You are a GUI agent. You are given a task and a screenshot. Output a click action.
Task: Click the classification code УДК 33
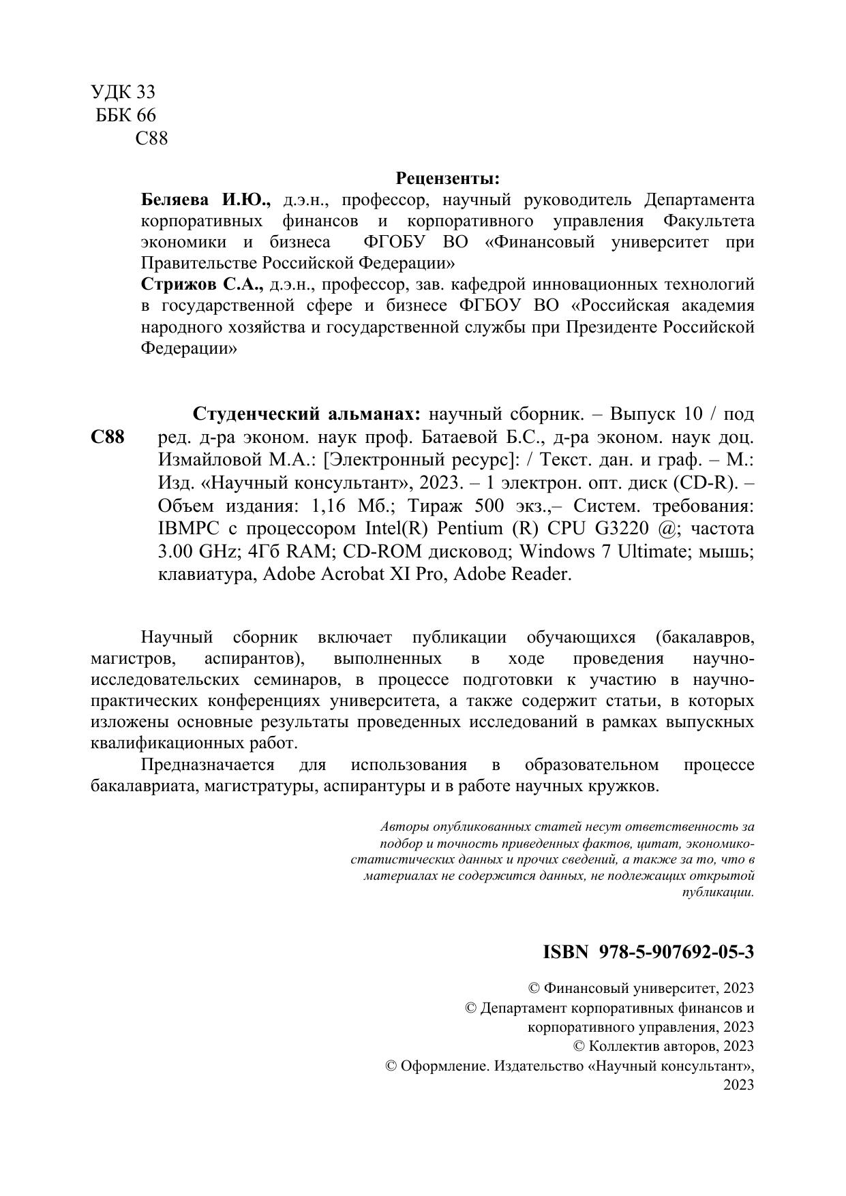coord(123,92)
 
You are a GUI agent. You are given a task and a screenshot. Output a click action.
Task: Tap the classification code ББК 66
coord(126,115)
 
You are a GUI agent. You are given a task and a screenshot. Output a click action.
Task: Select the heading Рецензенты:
coord(448,179)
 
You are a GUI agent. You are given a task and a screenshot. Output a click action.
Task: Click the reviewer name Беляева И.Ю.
coord(206,200)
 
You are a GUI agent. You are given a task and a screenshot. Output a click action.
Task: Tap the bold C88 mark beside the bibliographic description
coord(107,438)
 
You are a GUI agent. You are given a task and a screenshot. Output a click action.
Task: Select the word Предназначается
coord(207,765)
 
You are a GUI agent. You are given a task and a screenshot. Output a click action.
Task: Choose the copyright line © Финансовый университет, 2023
coord(641,987)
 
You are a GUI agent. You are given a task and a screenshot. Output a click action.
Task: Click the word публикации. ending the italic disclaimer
coord(718,892)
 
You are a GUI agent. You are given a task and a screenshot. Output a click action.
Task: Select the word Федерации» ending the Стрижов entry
coord(189,348)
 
